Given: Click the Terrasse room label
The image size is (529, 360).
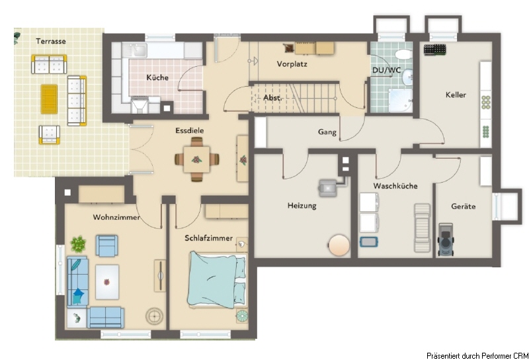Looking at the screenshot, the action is [x=51, y=41].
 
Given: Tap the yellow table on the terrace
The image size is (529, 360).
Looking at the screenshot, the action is [x=49, y=99].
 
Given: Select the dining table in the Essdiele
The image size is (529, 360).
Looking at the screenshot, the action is [x=196, y=159].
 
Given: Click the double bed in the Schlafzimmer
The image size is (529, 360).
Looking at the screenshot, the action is [x=218, y=280].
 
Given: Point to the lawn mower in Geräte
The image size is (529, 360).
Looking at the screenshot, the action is [x=446, y=240].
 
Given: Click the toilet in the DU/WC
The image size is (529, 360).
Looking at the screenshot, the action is [x=403, y=54].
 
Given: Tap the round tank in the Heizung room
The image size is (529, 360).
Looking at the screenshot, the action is [x=339, y=245].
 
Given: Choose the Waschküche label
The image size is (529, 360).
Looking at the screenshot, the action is [x=395, y=186].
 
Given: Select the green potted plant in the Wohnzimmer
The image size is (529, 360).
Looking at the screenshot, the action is [x=78, y=244].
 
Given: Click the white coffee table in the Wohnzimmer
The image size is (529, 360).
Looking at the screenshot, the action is [x=107, y=282].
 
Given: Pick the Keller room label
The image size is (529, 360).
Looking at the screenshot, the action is [x=456, y=95].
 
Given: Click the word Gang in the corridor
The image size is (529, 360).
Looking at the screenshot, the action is [x=327, y=132].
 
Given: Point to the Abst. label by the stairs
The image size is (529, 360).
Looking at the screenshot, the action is [x=272, y=98].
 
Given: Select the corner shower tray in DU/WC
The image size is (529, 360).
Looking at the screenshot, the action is [x=400, y=100].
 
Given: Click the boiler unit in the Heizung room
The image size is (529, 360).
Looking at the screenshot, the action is [x=328, y=188].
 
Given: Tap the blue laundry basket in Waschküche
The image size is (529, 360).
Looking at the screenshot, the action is [x=369, y=242].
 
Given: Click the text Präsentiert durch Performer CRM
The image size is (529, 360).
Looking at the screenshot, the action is [x=477, y=355].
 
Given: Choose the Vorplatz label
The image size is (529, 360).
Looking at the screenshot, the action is [x=292, y=64].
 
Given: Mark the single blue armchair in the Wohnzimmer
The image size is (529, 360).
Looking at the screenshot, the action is [x=106, y=246].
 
